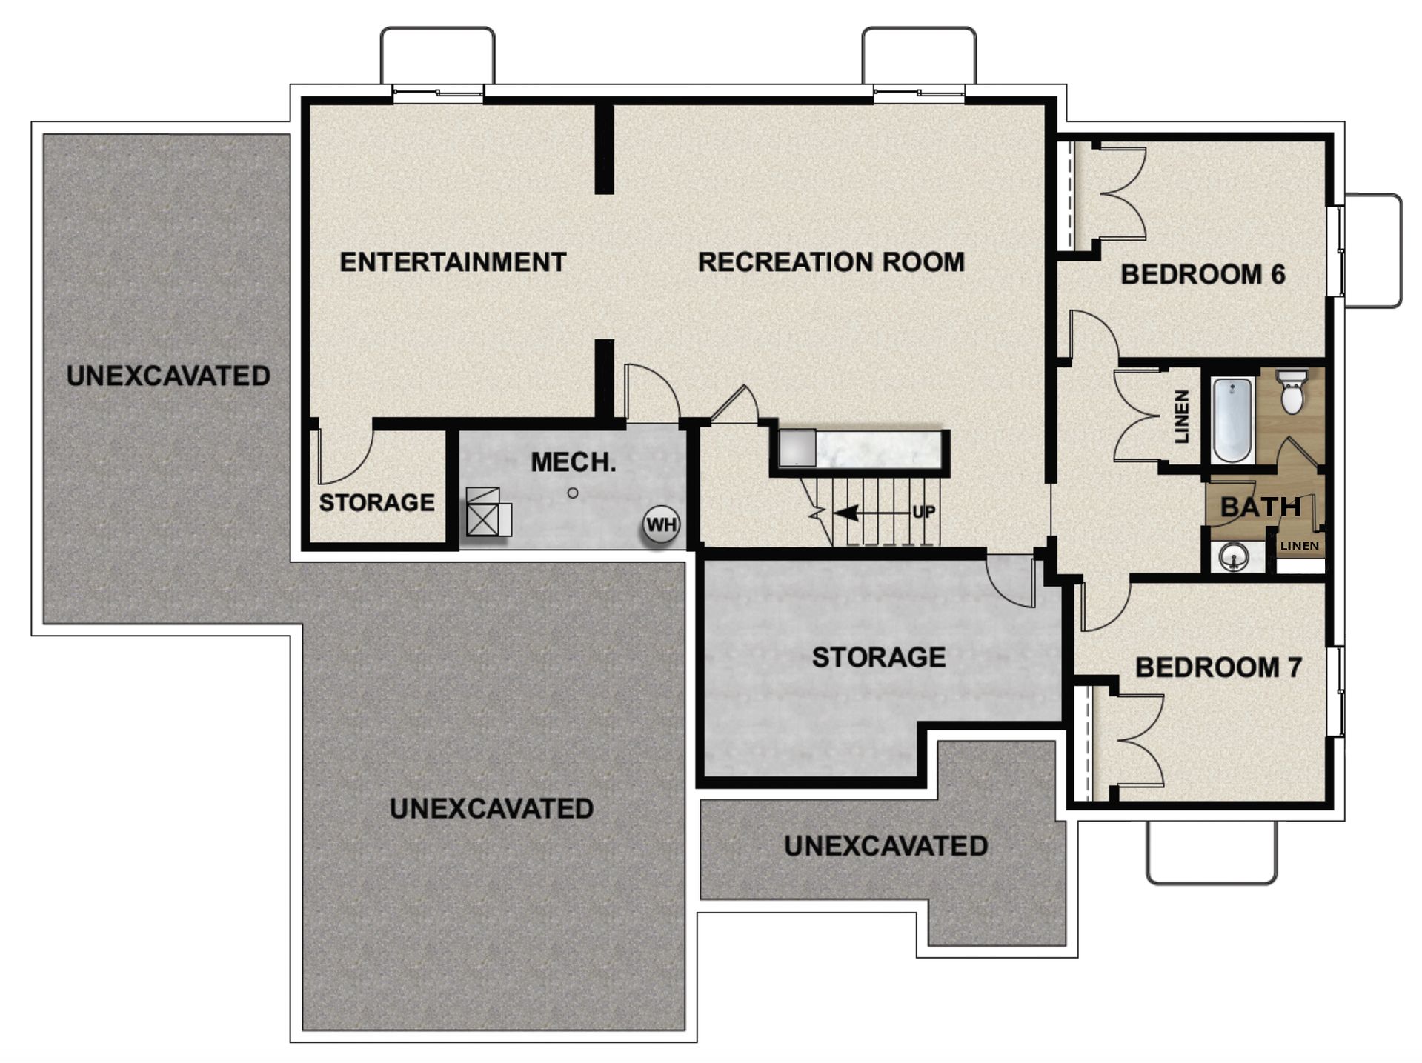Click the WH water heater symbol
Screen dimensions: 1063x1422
(661, 525)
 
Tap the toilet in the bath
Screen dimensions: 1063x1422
(1292, 393)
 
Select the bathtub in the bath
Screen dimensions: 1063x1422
(1232, 419)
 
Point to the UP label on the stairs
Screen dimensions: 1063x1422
(923, 512)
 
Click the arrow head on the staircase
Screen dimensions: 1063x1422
(846, 512)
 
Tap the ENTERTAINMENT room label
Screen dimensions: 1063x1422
(453, 262)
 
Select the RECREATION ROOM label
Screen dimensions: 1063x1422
(831, 262)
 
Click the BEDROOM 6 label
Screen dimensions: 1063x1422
(1202, 275)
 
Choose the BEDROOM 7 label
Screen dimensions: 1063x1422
(1218, 667)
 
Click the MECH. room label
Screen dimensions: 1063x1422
(573, 463)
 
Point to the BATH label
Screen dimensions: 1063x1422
(1260, 507)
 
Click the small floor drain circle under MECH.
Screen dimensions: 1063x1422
(572, 493)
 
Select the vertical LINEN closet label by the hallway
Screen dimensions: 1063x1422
(1182, 417)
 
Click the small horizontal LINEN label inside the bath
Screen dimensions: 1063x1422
(1300, 546)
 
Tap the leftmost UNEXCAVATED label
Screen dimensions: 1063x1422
(168, 376)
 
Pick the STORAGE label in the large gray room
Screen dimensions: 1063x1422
(879, 657)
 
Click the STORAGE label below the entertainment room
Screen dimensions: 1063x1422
(376, 503)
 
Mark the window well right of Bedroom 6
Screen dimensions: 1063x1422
(1372, 250)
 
